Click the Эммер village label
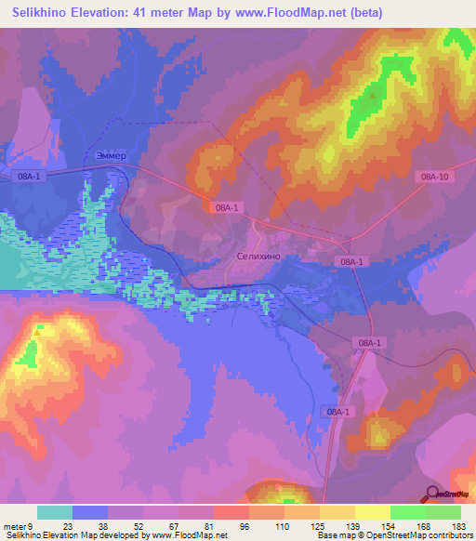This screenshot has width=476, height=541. click(110, 155)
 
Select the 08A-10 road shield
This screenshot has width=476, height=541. click(434, 177)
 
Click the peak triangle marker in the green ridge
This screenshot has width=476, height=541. click(374, 93)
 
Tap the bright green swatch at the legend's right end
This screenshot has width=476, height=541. click(443, 512)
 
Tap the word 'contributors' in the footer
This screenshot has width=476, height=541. click(448, 536)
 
